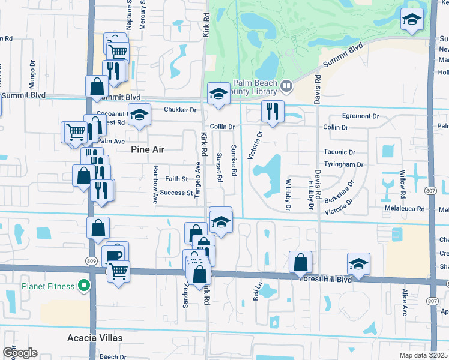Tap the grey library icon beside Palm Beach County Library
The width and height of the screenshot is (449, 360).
[286, 86]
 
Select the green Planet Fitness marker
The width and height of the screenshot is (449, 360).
[85, 285]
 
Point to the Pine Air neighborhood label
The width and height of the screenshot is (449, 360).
[148, 150]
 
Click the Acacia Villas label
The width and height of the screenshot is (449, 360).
[95, 338]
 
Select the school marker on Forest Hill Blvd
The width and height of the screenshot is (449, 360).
[358, 263]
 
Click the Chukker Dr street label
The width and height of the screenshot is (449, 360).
[180, 110]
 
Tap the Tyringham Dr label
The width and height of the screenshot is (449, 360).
[343, 164]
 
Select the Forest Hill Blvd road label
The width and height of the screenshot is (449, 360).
[326, 278]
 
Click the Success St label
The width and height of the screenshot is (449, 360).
[175, 193]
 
